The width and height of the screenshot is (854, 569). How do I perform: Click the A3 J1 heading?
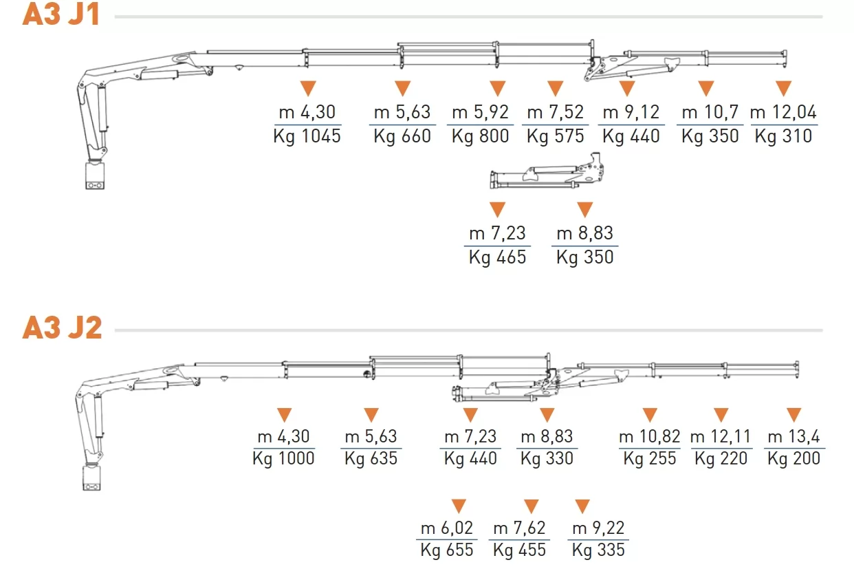click(61, 14)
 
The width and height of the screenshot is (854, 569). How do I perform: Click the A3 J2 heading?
click(62, 328)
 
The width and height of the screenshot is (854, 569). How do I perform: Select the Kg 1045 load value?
click(307, 136)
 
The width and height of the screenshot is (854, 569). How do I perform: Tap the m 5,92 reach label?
click(480, 112)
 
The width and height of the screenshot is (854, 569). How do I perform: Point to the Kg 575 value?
click(555, 136)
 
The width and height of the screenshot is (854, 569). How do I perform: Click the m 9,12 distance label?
click(631, 112)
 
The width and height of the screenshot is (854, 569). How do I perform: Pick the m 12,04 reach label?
click(783, 112)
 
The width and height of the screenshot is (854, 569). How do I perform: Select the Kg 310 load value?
click(783, 136)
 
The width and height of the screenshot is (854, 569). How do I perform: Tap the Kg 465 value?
click(497, 257)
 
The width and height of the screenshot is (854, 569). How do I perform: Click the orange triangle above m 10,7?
click(706, 87)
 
